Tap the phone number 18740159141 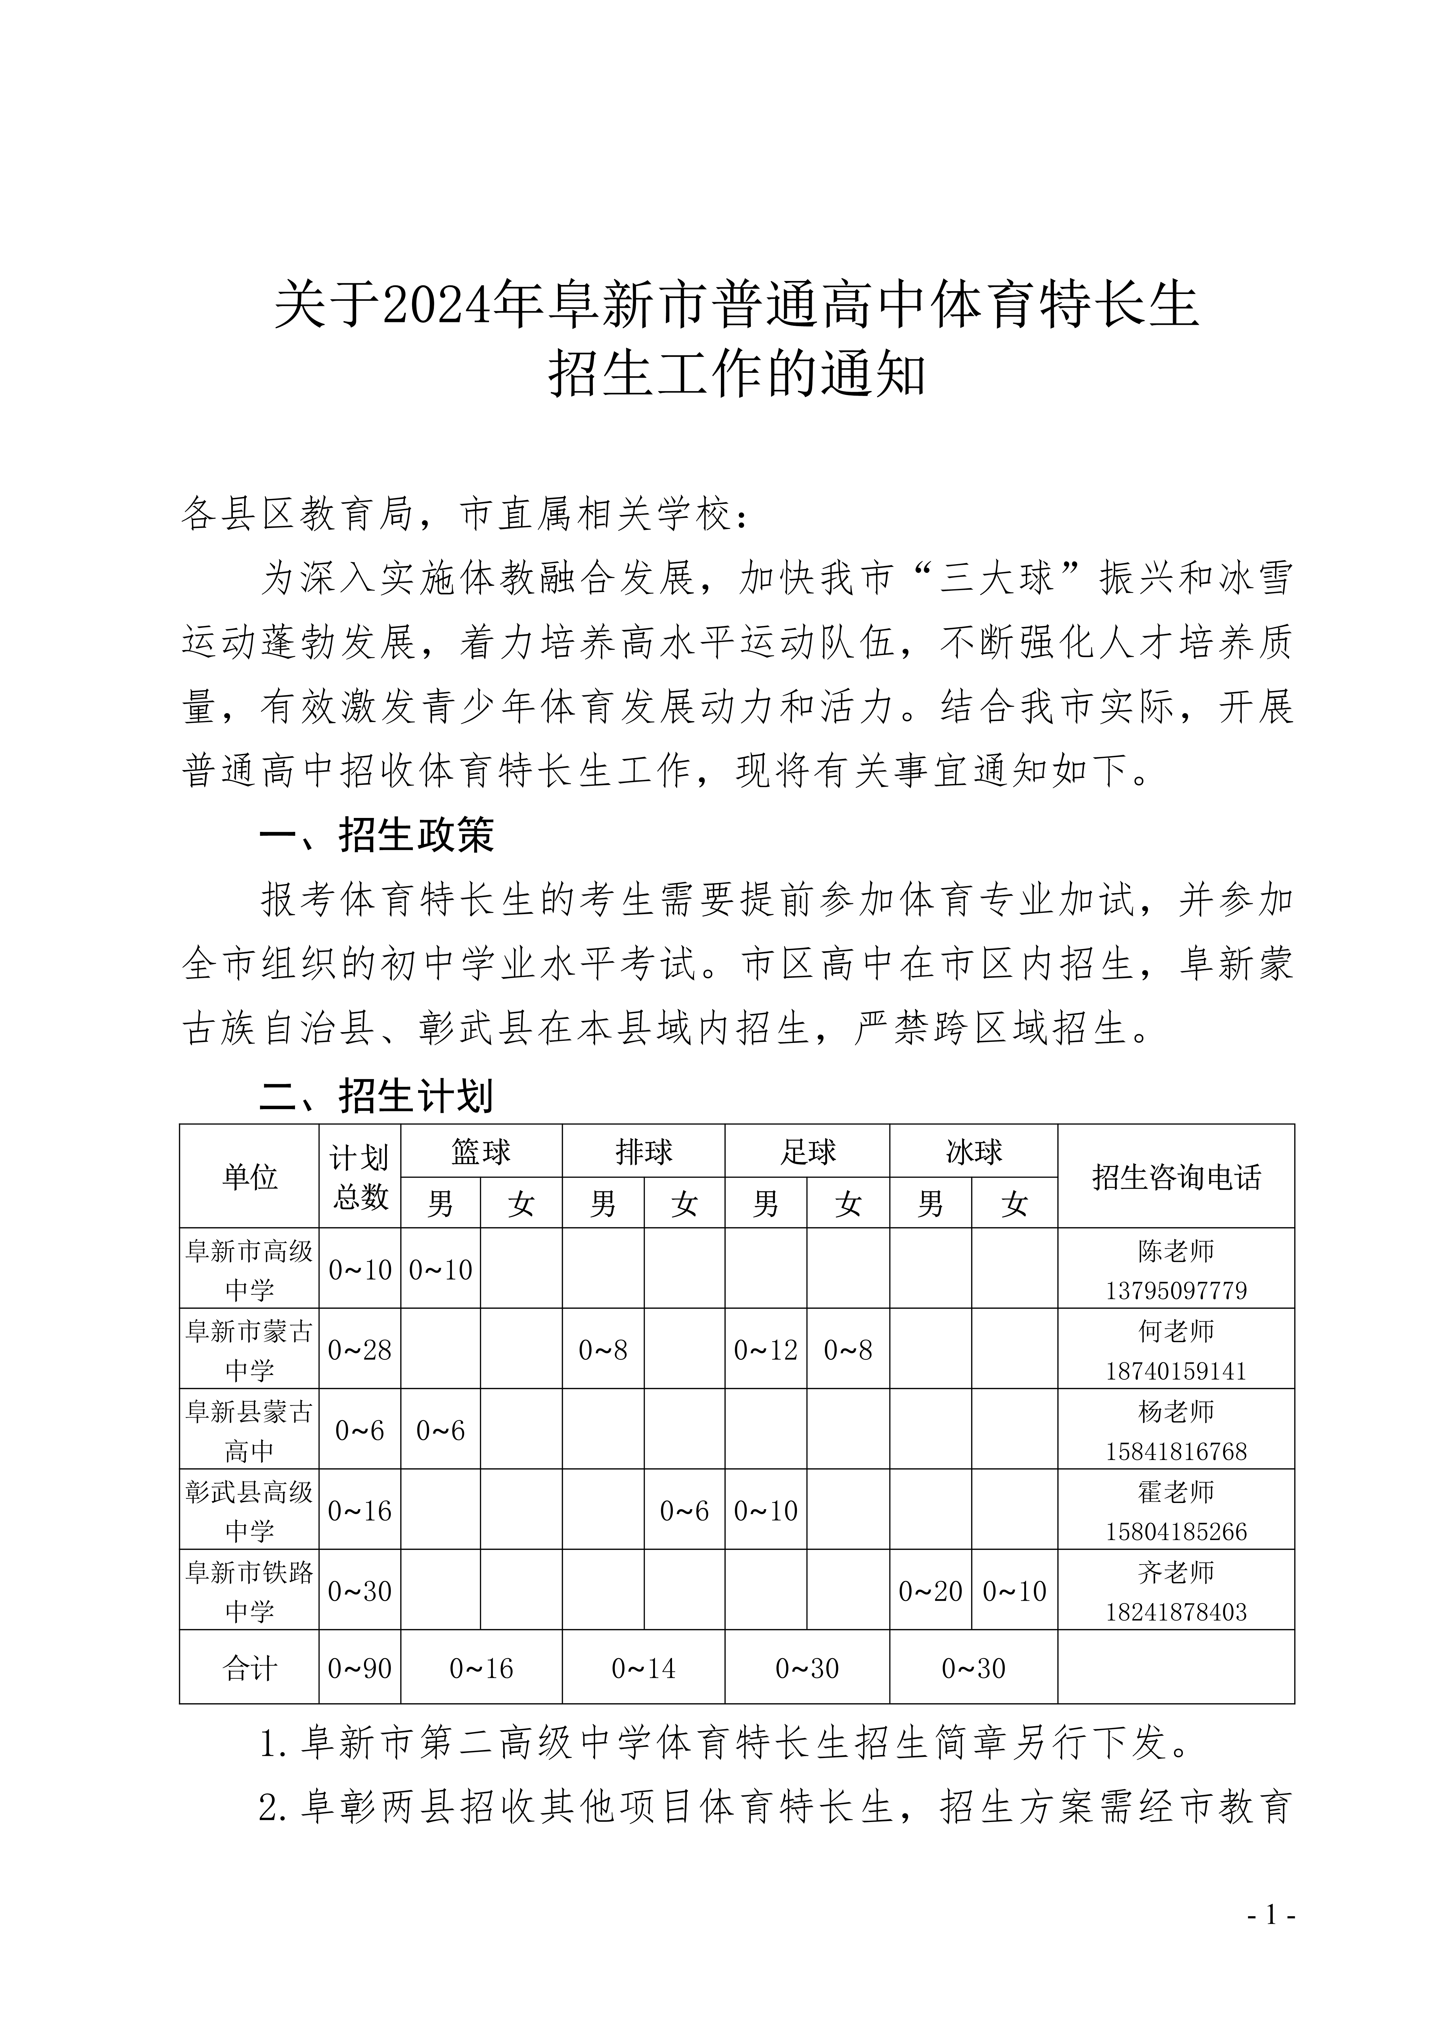coord(1175,1370)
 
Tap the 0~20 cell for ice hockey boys coord(930,1591)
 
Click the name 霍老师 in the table coord(1175,1492)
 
